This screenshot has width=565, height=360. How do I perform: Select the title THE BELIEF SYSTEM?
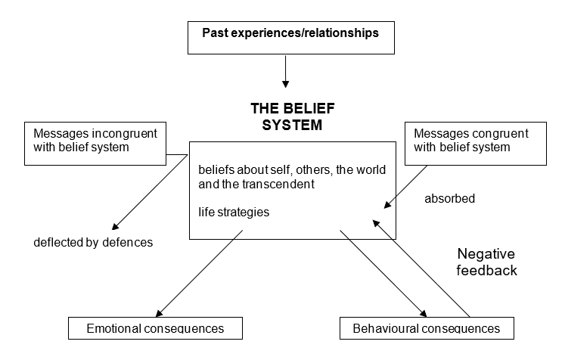286,116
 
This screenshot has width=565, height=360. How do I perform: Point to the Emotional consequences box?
155,328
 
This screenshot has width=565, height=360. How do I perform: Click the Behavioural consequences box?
426,328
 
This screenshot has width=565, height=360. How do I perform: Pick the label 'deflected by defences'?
93,243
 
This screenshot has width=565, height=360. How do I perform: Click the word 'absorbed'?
450,200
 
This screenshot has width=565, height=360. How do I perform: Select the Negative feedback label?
487,262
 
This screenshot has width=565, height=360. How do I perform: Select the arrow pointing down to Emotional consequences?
200,272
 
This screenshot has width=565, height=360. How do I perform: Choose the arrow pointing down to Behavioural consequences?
381,272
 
